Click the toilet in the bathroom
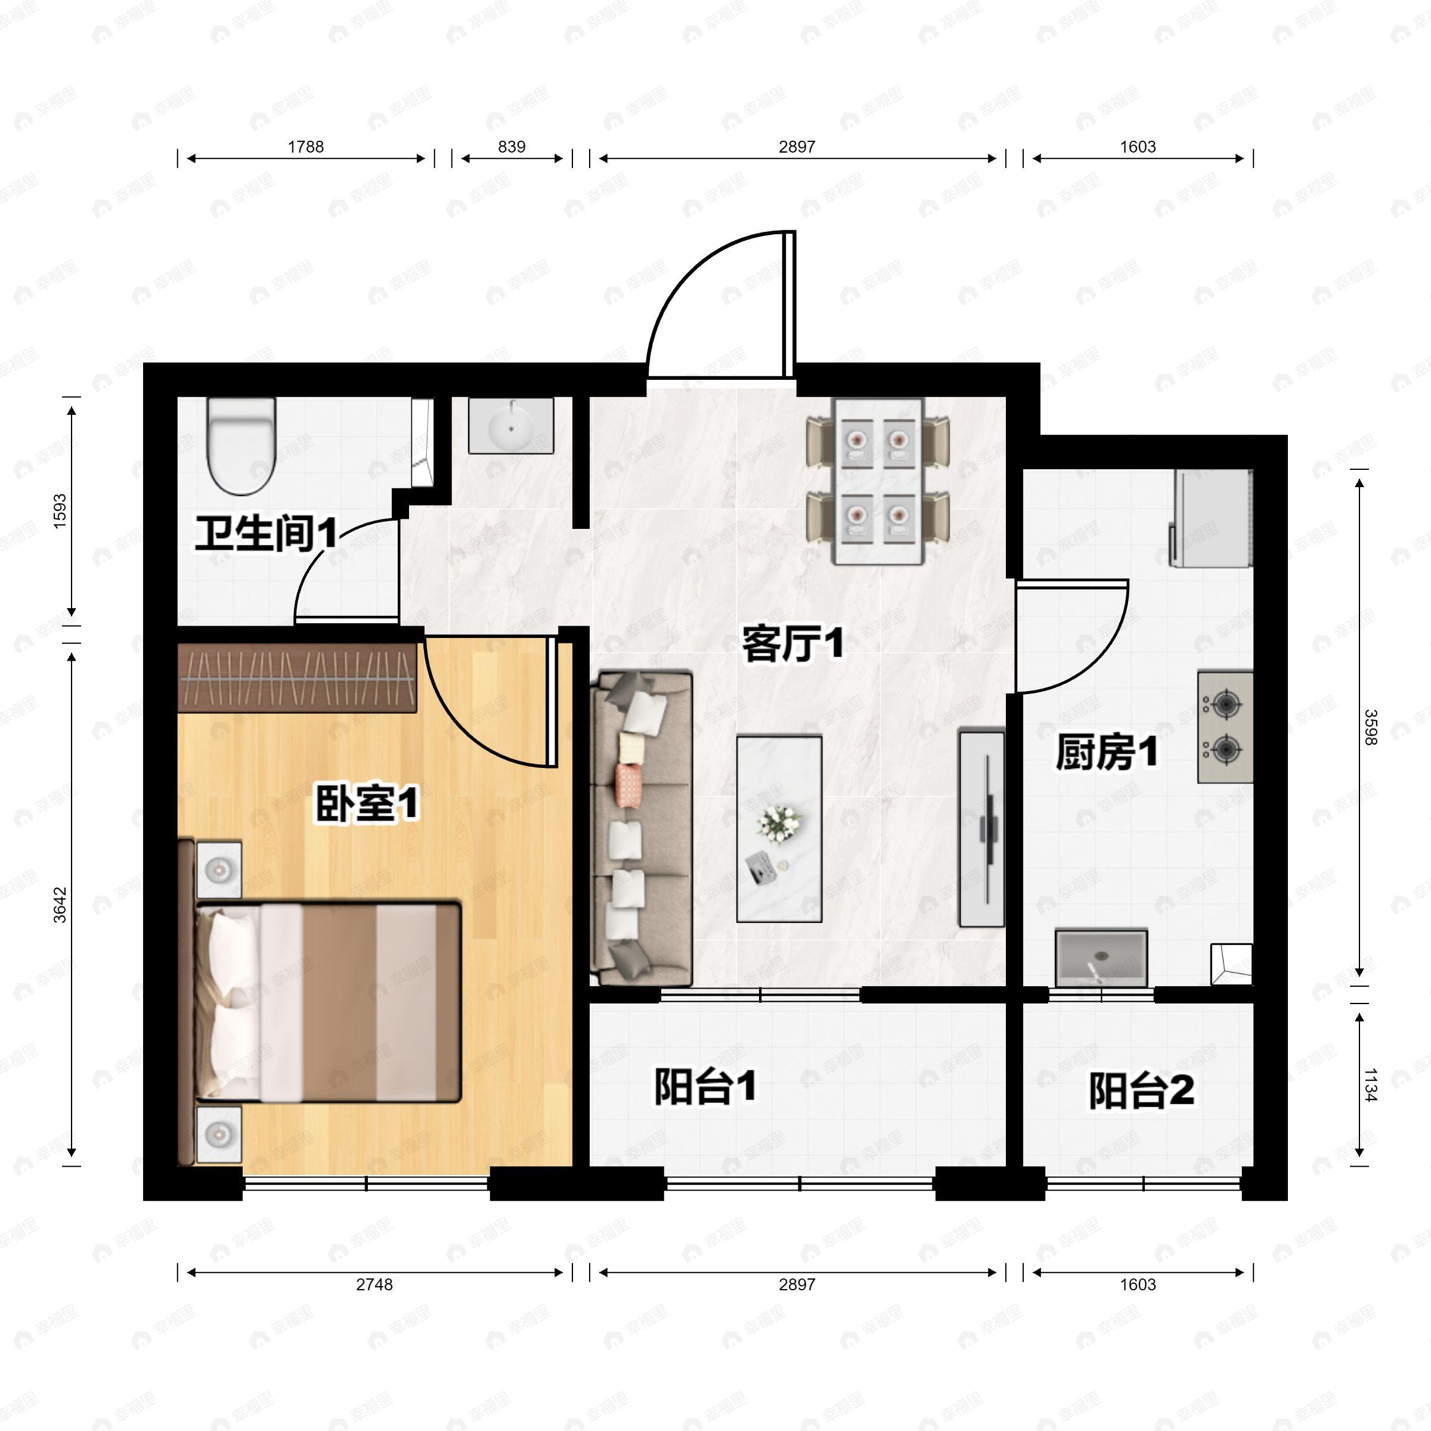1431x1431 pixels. coord(241,446)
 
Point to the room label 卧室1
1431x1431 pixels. coord(367,804)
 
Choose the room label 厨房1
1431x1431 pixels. coord(1107,752)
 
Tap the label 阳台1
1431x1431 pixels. coord(705,1086)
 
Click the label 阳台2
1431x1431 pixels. coord(1141,1091)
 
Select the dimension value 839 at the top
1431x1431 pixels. coord(512,147)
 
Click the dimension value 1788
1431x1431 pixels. coord(306,147)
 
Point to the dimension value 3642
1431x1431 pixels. coord(60,905)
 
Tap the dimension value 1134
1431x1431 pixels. coord(1370,1085)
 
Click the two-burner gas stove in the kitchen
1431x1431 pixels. coord(1225,727)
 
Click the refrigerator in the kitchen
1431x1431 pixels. coord(1211,519)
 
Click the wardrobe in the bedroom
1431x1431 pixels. coord(297,678)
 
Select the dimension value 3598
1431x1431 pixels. coord(1370,727)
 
